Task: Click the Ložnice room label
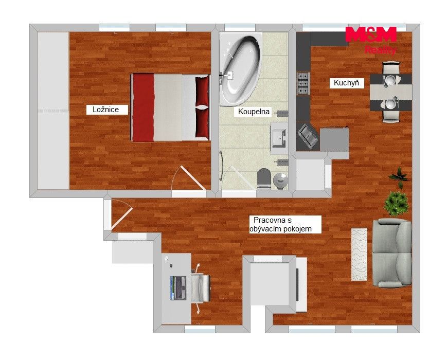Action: click(x=106, y=110)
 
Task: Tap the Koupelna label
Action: click(x=254, y=112)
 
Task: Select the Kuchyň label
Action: click(x=346, y=83)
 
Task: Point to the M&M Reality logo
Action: click(x=371, y=40)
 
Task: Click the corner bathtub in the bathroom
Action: click(x=240, y=69)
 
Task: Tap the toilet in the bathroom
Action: click(x=263, y=178)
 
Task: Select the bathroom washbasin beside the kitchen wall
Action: click(x=279, y=138)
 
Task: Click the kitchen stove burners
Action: click(x=303, y=83)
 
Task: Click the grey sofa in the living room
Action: click(x=392, y=253)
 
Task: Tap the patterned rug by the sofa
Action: click(x=359, y=254)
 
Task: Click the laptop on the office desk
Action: click(x=178, y=288)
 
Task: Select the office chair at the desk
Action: click(x=201, y=288)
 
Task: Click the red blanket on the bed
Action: click(x=144, y=108)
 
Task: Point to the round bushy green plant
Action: click(x=396, y=203)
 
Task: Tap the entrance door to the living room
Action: click(x=122, y=214)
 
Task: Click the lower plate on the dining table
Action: click(x=390, y=104)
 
